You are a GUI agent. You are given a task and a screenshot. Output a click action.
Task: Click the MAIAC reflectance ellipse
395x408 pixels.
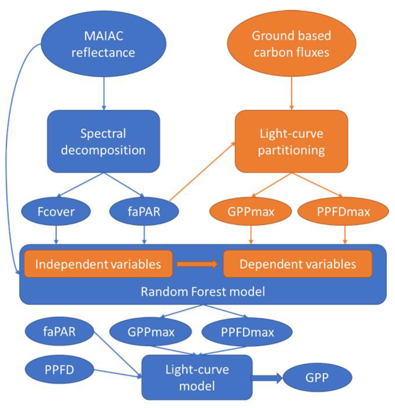pyautogui.click(x=103, y=45)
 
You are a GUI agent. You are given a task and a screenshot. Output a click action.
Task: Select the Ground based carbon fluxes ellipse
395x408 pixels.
pyautogui.click(x=291, y=45)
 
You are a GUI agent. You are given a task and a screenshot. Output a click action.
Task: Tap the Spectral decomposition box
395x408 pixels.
pyautogui.click(x=103, y=142)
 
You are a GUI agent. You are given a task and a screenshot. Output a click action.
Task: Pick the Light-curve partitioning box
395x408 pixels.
pyautogui.click(x=291, y=142)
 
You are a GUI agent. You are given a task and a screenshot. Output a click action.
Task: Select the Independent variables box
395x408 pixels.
pyautogui.click(x=98, y=264)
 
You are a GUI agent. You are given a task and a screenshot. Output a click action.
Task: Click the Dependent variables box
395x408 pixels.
pyautogui.click(x=298, y=264)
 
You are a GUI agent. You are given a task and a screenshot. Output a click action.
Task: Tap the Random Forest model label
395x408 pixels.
pyautogui.click(x=202, y=292)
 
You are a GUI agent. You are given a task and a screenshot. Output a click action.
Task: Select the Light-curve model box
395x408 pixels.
pyautogui.click(x=197, y=377)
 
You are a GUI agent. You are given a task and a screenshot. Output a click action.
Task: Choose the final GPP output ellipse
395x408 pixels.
pyautogui.click(x=318, y=378)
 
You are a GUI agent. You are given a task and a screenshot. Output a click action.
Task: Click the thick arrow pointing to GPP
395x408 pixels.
pyautogui.click(x=267, y=378)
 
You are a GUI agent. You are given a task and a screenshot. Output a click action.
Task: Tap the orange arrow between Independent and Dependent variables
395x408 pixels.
pyautogui.click(x=197, y=264)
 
